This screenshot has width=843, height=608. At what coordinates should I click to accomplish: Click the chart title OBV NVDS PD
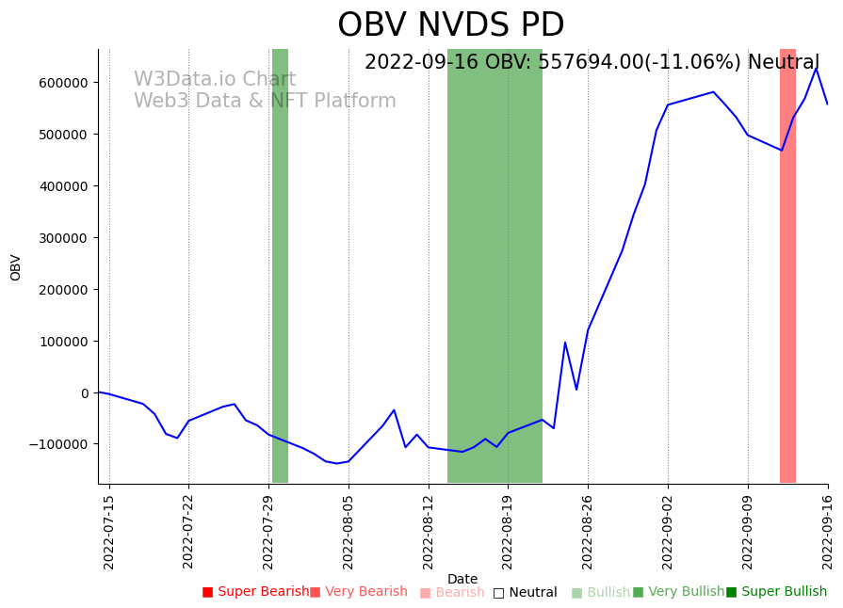[x=450, y=25]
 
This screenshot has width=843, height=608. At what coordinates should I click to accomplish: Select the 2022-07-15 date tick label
[x=109, y=532]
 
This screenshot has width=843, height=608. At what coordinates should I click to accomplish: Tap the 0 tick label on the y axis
[x=84, y=392]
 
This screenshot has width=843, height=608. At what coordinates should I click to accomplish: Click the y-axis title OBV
[x=16, y=267]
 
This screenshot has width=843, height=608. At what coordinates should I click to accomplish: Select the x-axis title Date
[x=462, y=580]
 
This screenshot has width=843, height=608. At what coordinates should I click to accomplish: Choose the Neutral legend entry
[x=525, y=593]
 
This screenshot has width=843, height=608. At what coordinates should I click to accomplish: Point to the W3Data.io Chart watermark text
[x=215, y=80]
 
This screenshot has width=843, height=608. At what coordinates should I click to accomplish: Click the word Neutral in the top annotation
[x=784, y=63]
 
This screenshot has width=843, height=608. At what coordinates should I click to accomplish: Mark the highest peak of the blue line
[x=817, y=69]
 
